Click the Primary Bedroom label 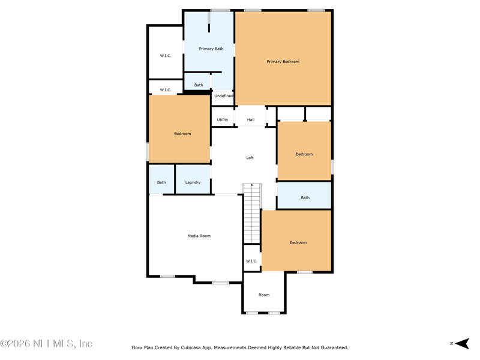[283, 62]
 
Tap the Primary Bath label [211, 49]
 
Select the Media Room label [199, 236]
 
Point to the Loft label [250, 158]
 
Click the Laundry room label [193, 182]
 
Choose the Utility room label [223, 119]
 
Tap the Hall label [251, 119]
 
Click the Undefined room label [223, 96]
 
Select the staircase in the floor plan [252, 214]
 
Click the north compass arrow [462, 343]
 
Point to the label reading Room [264, 295]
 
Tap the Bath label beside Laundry [161, 182]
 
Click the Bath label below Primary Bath [199, 85]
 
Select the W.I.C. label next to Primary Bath [166, 56]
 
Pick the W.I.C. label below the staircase [251, 261]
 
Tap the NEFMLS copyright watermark [46, 343]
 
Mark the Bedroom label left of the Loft [182, 134]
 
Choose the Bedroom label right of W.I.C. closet [298, 242]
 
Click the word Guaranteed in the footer [334, 347]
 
